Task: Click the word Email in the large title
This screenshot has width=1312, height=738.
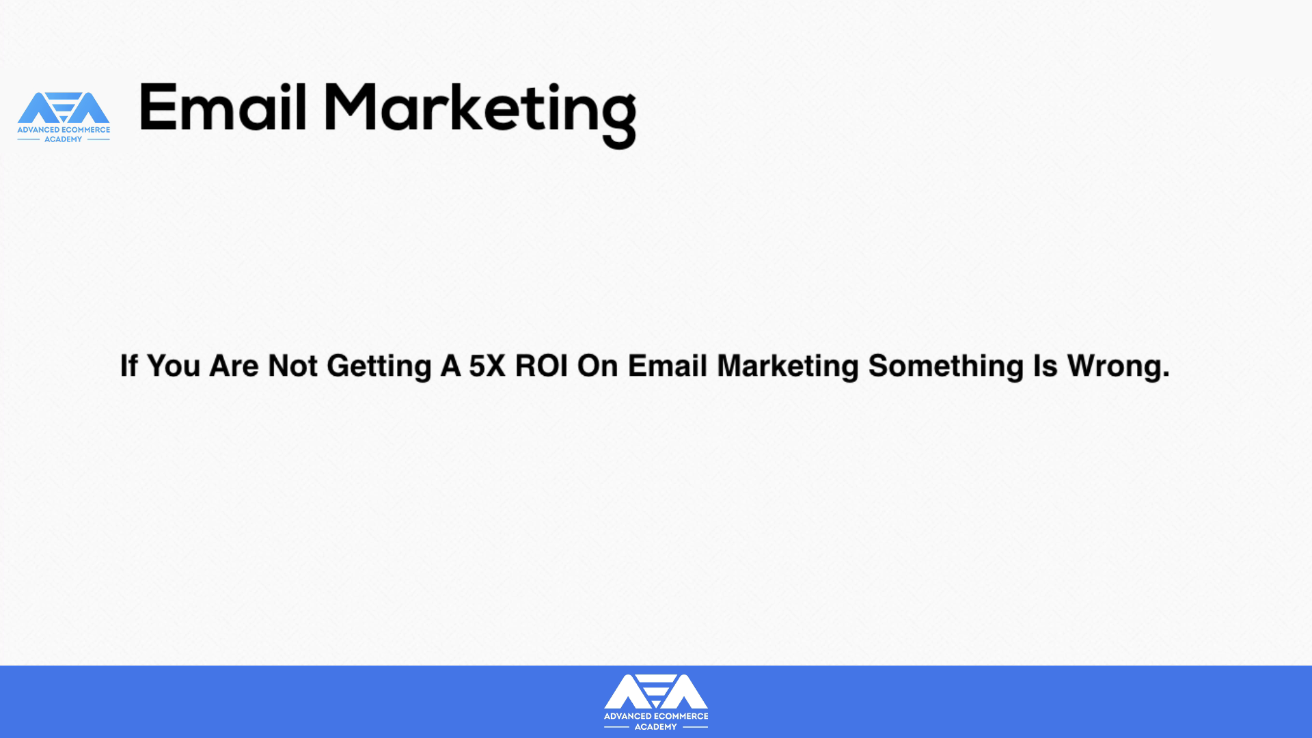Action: (223, 107)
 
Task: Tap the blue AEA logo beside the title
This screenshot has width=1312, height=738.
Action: (64, 117)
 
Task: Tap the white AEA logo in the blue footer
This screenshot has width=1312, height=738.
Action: (656, 702)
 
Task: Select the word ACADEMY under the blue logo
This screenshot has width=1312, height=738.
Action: (64, 139)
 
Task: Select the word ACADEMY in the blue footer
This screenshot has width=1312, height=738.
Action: (656, 726)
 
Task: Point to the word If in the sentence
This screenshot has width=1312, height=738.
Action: (128, 366)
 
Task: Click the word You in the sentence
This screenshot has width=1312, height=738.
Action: (174, 366)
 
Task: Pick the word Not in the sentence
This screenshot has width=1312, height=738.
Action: (292, 366)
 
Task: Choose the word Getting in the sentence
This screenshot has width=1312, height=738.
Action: (379, 367)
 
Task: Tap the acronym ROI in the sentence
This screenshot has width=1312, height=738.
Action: (541, 366)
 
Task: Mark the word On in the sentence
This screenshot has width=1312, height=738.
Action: (598, 366)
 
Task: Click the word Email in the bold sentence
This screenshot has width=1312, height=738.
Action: (668, 366)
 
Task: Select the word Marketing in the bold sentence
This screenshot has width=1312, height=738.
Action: (788, 367)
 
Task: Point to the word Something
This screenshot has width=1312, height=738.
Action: (946, 367)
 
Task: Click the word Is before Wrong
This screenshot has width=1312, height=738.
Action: (1045, 366)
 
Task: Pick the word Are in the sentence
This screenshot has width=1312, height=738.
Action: (234, 366)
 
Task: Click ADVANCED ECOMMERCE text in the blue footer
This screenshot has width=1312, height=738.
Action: (656, 716)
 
